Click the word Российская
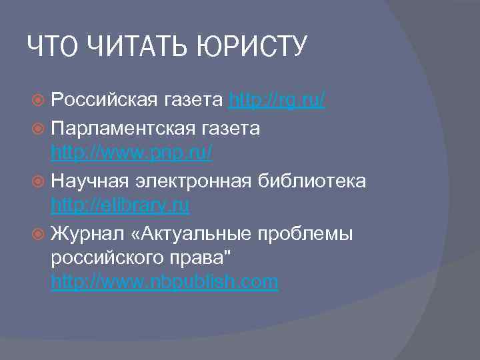point(103,101)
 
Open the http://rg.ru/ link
point(277,101)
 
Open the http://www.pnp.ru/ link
point(131,153)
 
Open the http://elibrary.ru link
point(120,206)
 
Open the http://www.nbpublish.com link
point(165,283)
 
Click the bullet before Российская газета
point(40,101)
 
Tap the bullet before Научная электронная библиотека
point(40,181)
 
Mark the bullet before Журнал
point(40,233)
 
